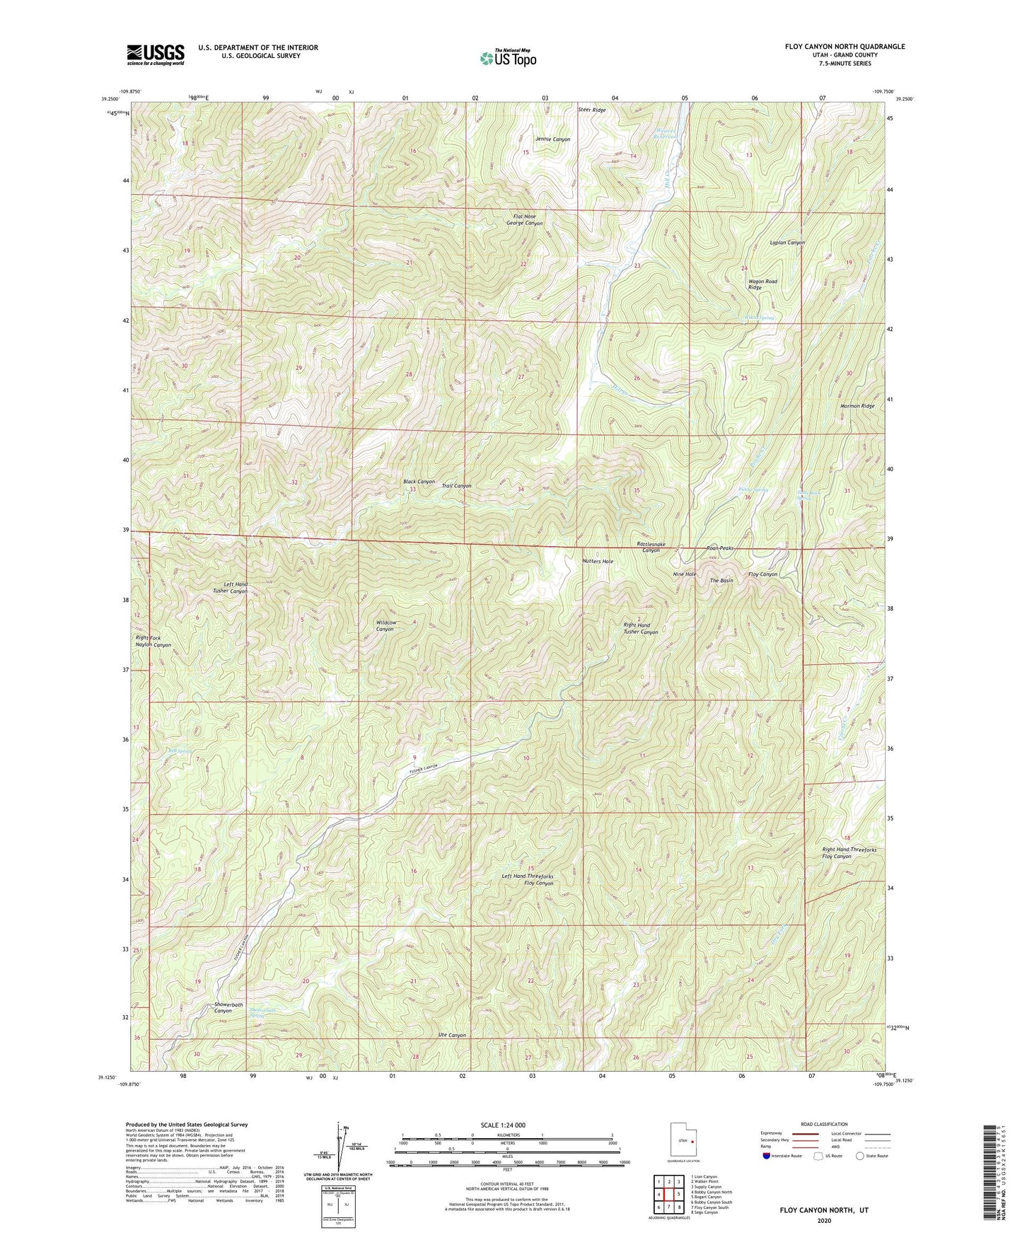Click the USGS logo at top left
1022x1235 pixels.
coord(155,54)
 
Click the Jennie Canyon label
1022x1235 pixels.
coord(552,139)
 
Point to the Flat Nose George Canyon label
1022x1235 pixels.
coord(524,219)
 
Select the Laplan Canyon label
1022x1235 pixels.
coord(787,243)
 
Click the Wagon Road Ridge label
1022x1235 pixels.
coord(762,284)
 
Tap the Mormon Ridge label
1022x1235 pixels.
coord(857,406)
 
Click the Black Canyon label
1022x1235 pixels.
coord(419,482)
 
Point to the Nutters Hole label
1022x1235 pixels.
coord(598,561)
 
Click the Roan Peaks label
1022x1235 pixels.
coord(721,548)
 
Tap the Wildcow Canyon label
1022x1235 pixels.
coord(385,625)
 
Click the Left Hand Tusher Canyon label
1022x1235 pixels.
coord(231,587)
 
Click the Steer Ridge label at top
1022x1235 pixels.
coord(591,110)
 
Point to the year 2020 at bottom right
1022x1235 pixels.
coord(823,1221)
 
